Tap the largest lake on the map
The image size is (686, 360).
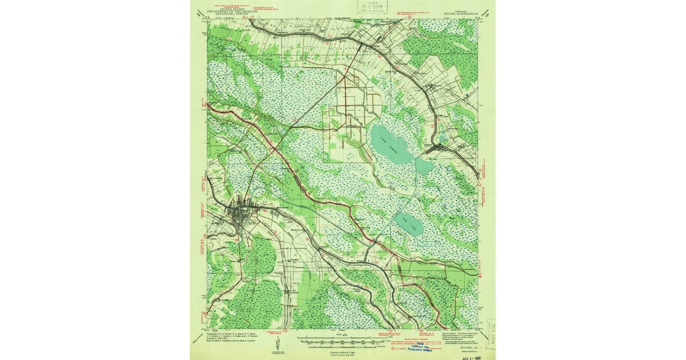click(390, 144)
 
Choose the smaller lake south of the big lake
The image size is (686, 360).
click(410, 224)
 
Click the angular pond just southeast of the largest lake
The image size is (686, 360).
click(424, 166)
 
